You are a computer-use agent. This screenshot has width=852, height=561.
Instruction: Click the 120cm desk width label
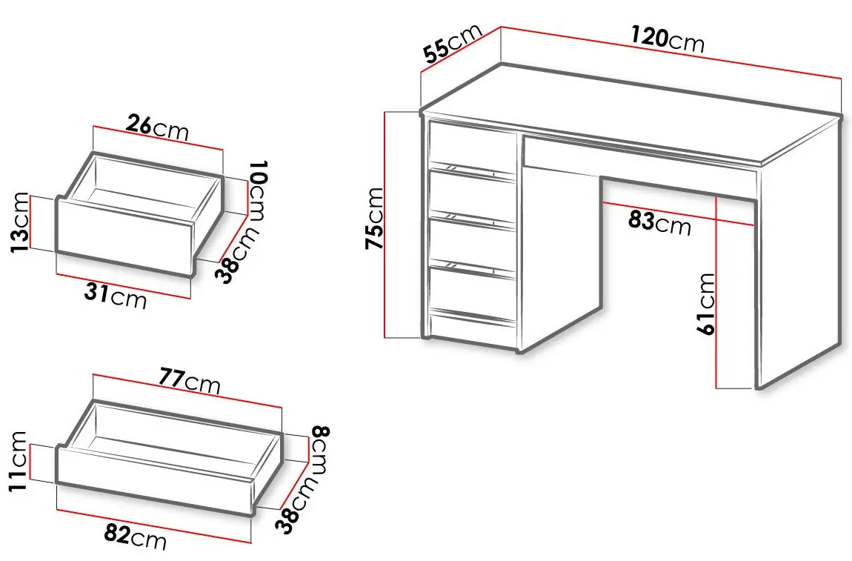point(668,39)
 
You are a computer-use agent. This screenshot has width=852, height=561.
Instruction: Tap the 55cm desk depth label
point(453,44)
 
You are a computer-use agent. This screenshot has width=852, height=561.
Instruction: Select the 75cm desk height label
point(374,218)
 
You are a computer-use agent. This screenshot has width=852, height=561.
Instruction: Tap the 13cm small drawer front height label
point(19,222)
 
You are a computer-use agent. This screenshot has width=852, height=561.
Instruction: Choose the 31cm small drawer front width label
point(115,296)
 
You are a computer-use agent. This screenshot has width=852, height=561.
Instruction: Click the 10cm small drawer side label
point(258,190)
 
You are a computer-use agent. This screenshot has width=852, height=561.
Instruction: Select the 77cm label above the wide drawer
point(190,380)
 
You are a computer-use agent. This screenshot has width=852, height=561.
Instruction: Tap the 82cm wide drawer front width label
point(135,537)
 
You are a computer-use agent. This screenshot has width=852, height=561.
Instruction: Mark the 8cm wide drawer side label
point(319,450)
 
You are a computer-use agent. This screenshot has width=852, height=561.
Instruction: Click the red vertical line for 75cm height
point(385,225)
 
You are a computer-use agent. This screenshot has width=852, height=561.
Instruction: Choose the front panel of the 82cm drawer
point(155,480)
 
